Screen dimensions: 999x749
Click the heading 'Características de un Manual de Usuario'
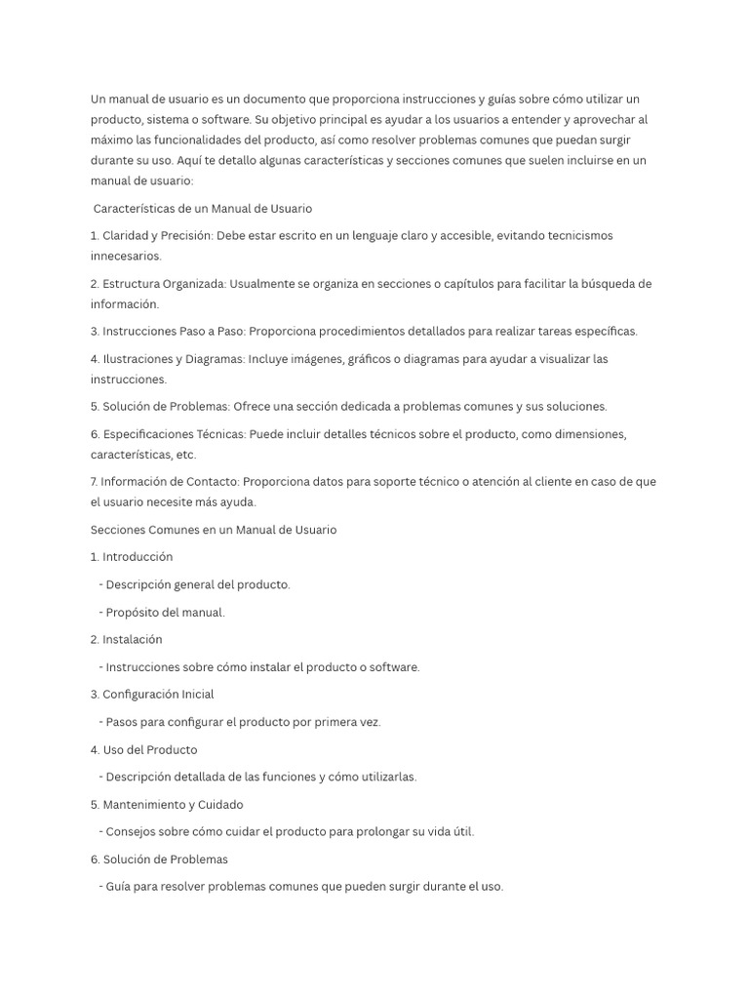click(202, 209)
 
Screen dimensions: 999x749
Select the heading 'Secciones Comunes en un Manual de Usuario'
click(214, 530)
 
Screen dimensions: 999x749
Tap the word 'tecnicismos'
click(578, 236)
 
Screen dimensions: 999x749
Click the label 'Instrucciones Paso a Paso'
click(176, 332)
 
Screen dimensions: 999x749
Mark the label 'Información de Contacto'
click(169, 482)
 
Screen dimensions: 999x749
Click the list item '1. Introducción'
click(132, 557)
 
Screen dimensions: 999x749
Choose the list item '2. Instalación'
click(126, 640)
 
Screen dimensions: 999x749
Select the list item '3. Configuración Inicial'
click(152, 695)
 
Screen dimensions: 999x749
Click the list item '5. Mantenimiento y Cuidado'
click(167, 805)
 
